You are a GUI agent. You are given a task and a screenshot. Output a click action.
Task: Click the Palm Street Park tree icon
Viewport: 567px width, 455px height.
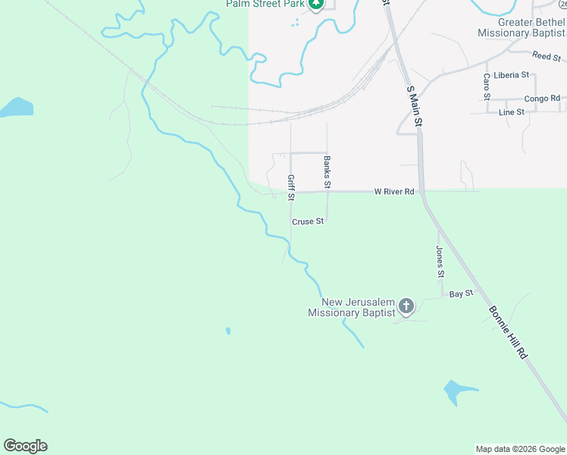pos(316,5)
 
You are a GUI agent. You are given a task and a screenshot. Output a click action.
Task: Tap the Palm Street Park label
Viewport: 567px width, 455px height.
pos(265,5)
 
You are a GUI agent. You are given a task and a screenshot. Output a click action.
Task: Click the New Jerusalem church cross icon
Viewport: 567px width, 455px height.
pos(406,306)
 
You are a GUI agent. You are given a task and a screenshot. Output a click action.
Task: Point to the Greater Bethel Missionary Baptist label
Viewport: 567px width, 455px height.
pos(521,27)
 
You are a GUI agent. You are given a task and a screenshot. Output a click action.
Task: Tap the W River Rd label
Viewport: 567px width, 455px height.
pos(394,192)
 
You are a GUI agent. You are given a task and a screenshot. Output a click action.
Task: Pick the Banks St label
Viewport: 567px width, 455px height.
pos(327,172)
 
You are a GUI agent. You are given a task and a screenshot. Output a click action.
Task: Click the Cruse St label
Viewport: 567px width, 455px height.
pos(308,221)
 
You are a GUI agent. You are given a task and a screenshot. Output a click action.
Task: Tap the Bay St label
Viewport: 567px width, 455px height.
pos(461,293)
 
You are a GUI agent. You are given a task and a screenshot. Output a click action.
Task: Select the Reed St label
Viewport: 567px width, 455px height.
pos(545,56)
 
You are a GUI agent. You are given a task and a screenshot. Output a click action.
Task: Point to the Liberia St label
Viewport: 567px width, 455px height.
pos(509,76)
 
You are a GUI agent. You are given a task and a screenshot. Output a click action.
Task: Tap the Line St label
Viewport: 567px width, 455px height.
pos(512,112)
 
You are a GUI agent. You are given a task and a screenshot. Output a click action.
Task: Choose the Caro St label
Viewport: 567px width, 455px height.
pos(487,85)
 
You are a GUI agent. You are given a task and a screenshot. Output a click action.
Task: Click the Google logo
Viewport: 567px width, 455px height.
pos(25,445)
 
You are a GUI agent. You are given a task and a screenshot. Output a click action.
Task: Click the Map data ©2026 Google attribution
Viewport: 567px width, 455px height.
pos(520,449)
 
